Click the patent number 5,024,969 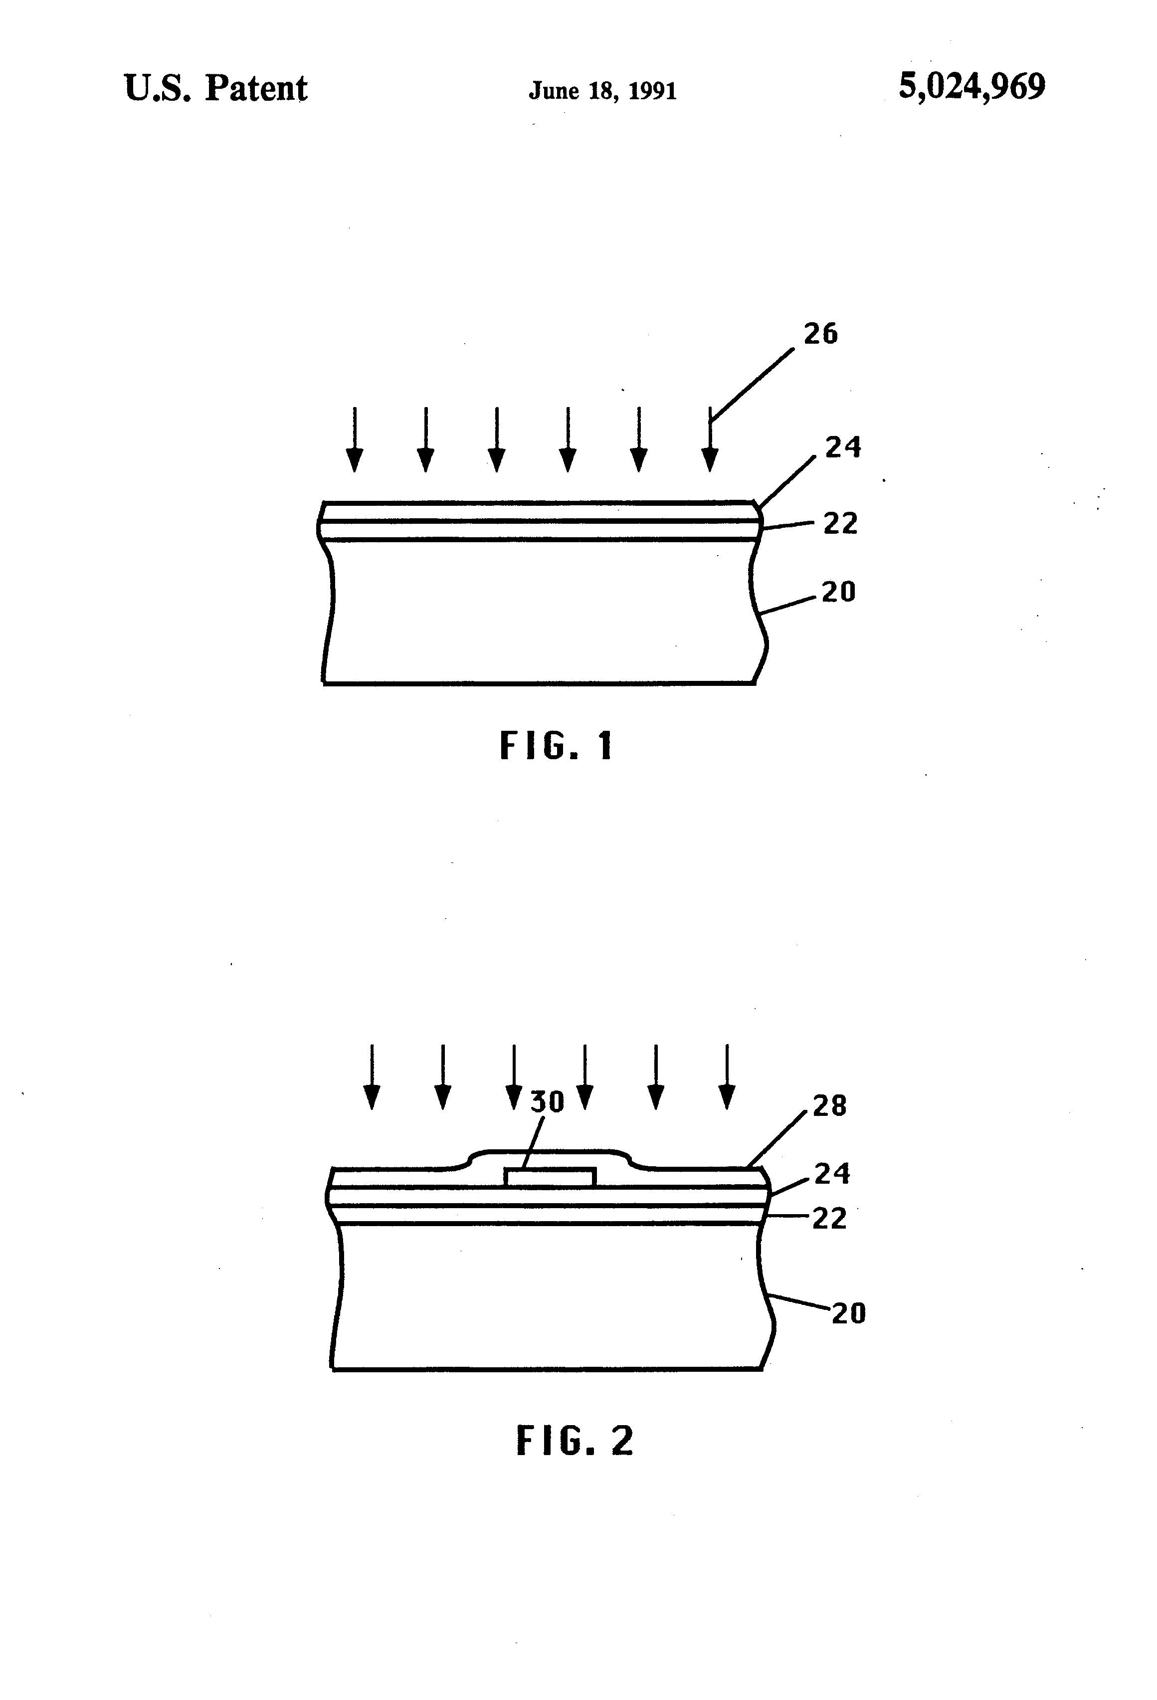971,87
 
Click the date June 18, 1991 602,91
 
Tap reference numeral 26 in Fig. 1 820,334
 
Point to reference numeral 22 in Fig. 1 840,524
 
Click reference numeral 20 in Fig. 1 838,592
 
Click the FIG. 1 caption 556,746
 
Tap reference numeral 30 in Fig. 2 547,1101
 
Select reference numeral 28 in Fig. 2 829,1106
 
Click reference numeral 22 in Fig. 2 829,1219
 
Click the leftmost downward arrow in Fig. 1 355,439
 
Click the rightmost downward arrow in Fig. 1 710,439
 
